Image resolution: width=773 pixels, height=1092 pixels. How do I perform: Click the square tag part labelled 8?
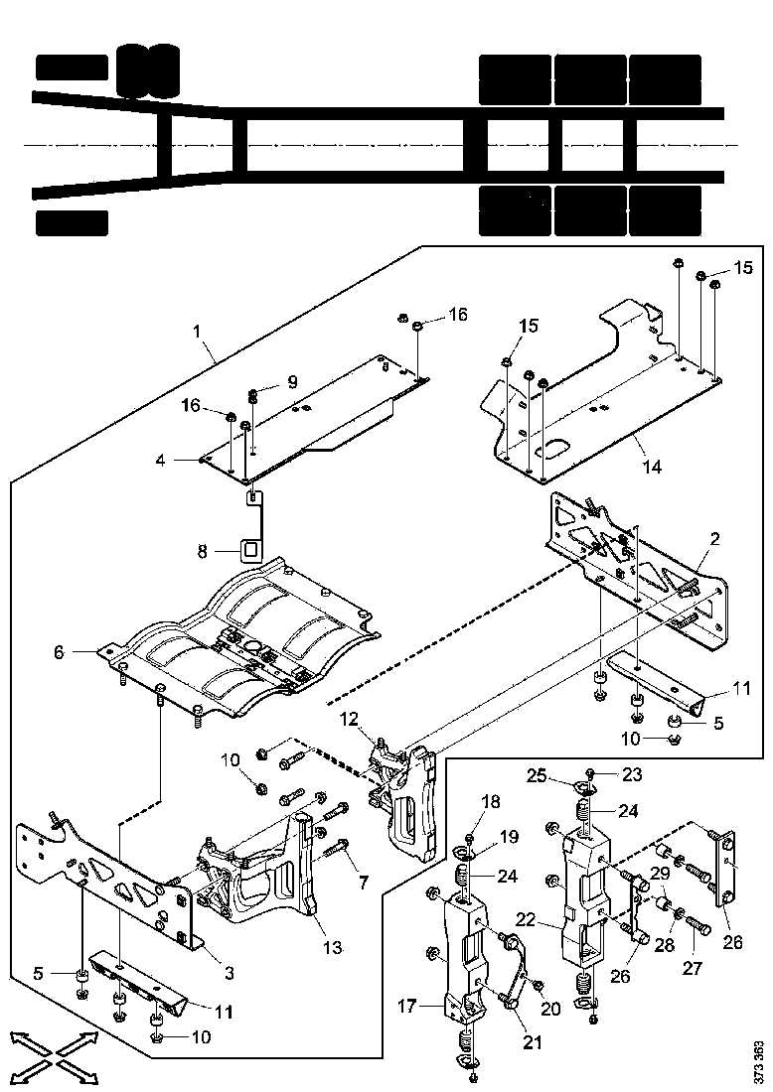pyautogui.click(x=250, y=547)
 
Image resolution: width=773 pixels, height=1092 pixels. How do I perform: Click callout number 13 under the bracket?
pyautogui.click(x=332, y=948)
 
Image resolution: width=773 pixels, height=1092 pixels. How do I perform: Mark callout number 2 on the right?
pyautogui.click(x=715, y=540)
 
